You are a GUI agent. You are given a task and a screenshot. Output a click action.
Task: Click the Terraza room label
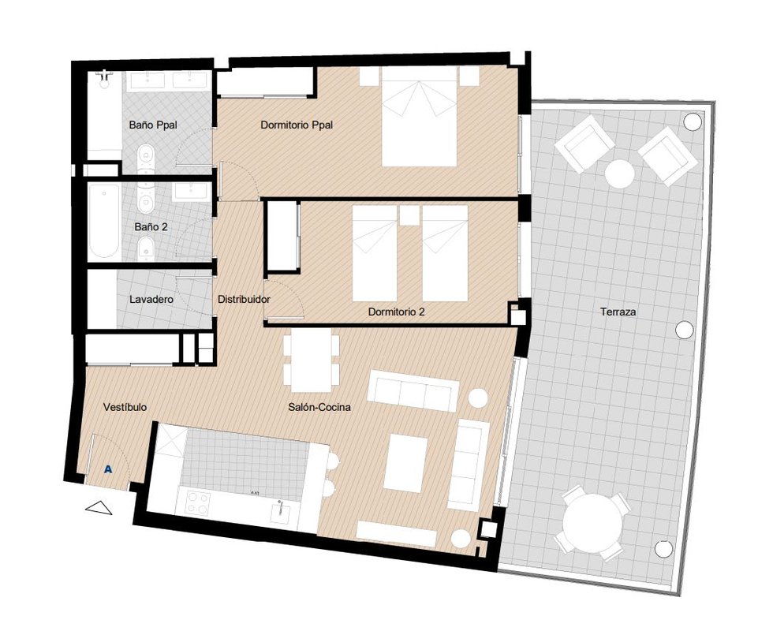(618, 312)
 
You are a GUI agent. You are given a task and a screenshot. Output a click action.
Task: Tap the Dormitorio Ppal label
(297, 125)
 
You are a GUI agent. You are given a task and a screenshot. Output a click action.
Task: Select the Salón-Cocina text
(319, 407)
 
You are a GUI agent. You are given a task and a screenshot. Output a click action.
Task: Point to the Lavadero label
(151, 299)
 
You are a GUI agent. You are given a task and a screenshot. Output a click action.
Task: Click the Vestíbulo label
(125, 407)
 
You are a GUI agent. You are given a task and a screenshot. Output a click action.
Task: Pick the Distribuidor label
(244, 299)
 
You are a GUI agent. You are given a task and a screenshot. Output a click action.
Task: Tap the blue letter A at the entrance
(108, 469)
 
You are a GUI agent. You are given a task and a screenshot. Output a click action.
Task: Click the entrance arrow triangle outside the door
(99, 507)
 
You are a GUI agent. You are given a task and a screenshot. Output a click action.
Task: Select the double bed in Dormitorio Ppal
(419, 117)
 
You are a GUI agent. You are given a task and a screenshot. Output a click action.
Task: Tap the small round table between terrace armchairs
(620, 174)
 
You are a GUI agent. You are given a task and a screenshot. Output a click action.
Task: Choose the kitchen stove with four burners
(198, 502)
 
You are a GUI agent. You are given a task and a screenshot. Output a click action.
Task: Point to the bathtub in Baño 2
(104, 222)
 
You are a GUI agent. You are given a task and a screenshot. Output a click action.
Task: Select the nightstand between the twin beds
(409, 215)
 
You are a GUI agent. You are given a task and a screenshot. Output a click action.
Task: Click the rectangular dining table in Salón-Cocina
(311, 360)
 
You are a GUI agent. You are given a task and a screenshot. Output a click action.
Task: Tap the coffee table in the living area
(405, 463)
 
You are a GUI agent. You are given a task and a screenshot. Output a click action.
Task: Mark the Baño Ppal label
(153, 125)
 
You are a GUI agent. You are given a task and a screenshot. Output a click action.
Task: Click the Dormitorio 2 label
(397, 312)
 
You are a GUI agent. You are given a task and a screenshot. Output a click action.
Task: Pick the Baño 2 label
(151, 226)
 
